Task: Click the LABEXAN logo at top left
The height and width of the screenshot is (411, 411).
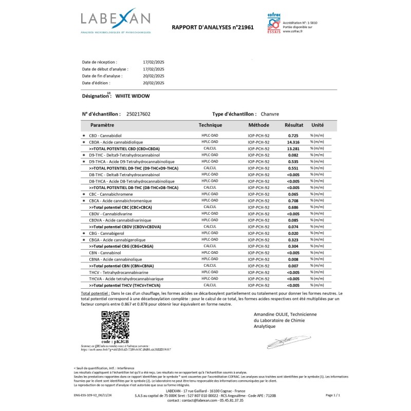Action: coord(116,21)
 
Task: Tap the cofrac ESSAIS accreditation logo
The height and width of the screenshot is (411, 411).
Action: coord(274,24)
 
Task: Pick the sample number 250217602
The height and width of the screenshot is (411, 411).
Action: coord(138,114)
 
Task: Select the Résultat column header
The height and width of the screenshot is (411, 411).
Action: coord(294,125)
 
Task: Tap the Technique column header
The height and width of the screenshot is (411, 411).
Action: coord(210,125)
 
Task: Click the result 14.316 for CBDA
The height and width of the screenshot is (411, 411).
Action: coord(293,142)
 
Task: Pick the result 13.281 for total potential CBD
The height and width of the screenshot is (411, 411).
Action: coord(293,148)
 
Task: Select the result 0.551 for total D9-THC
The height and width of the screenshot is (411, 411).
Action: coord(293,168)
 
